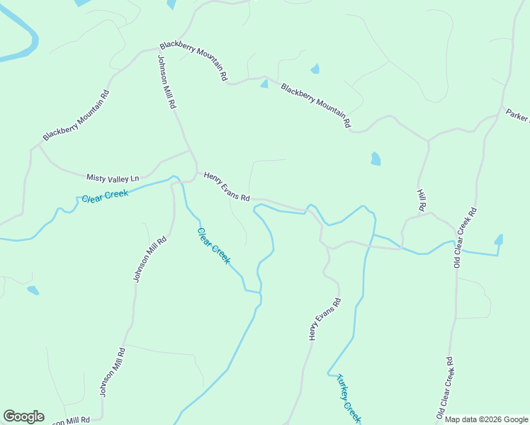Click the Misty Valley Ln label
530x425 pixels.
pyautogui.click(x=113, y=178)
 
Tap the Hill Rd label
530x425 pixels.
pyautogui.click(x=422, y=200)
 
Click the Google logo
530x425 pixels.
pyautogui.click(x=23, y=416)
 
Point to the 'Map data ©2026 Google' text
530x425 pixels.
pyautogui.click(x=486, y=419)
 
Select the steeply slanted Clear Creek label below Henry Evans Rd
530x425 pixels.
pyautogui.click(x=213, y=246)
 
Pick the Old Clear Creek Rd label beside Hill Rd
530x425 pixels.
pyautogui.click(x=466, y=237)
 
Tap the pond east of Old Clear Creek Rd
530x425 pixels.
pyautogui.click(x=499, y=240)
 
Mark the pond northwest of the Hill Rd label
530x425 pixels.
pyautogui.click(x=375, y=159)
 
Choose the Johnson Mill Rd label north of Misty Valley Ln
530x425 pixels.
pyautogui.click(x=167, y=81)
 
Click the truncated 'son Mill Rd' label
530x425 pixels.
pyautogui.click(x=69, y=421)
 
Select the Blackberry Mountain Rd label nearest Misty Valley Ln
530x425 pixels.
pyautogui.click(x=76, y=115)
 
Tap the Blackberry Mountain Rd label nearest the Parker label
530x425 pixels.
pyautogui.click(x=316, y=106)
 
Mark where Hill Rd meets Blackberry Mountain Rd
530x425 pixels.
pyautogui.click(x=428, y=141)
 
